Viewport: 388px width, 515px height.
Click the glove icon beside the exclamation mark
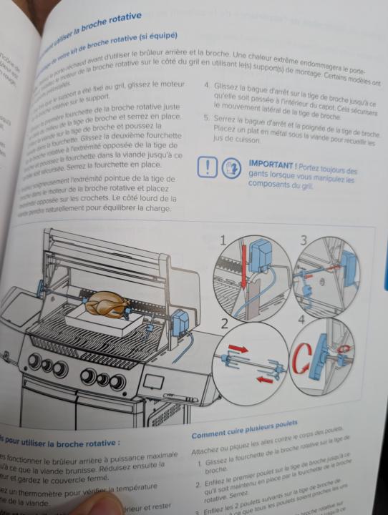pyautogui.click(x=231, y=169)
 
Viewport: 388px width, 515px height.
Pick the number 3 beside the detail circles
pyautogui.click(x=305, y=240)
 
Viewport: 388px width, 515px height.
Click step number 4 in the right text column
pyautogui.click(x=208, y=85)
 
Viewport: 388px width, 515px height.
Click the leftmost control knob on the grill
pyautogui.click(x=34, y=361)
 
